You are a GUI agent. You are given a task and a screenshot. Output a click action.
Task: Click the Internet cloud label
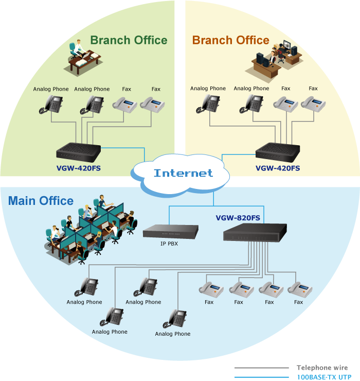point(183,173)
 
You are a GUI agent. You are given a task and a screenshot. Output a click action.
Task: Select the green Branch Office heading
point(129,40)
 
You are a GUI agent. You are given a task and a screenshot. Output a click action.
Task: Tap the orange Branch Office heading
point(230,40)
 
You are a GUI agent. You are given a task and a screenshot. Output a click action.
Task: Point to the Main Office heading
point(41,201)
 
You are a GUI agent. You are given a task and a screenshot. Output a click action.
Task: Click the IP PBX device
point(169,232)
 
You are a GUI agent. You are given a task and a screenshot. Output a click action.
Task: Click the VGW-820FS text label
point(238,218)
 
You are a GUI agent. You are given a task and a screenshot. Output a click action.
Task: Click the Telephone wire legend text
point(322,368)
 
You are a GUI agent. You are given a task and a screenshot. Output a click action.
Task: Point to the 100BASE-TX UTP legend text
point(322,377)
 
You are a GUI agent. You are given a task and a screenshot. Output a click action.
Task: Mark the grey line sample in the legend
point(261,368)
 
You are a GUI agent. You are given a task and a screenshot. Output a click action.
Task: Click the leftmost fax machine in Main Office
point(209,289)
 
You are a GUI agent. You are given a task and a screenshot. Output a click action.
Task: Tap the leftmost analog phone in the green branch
point(50,105)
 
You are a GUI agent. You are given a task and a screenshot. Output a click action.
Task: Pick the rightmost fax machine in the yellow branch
point(313,105)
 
